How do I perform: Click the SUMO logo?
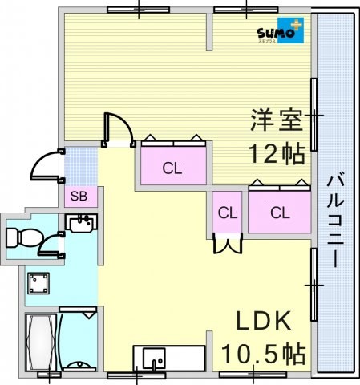(x=281, y=30)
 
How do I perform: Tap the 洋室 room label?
(x=277, y=120)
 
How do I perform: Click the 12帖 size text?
(x=277, y=154)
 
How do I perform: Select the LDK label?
(x=264, y=321)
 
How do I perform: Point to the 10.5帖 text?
(x=264, y=354)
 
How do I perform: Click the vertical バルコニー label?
(x=335, y=220)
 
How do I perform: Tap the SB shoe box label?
(x=79, y=197)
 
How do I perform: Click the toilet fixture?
(x=24, y=237)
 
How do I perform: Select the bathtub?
(x=41, y=342)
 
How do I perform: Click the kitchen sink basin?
(x=154, y=359)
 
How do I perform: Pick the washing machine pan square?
(x=38, y=283)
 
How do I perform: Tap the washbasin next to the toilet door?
(x=81, y=223)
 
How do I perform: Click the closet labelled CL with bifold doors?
(x=228, y=213)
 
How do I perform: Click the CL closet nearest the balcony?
(x=280, y=213)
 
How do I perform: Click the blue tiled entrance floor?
(x=81, y=166)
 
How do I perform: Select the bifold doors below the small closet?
(x=228, y=243)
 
